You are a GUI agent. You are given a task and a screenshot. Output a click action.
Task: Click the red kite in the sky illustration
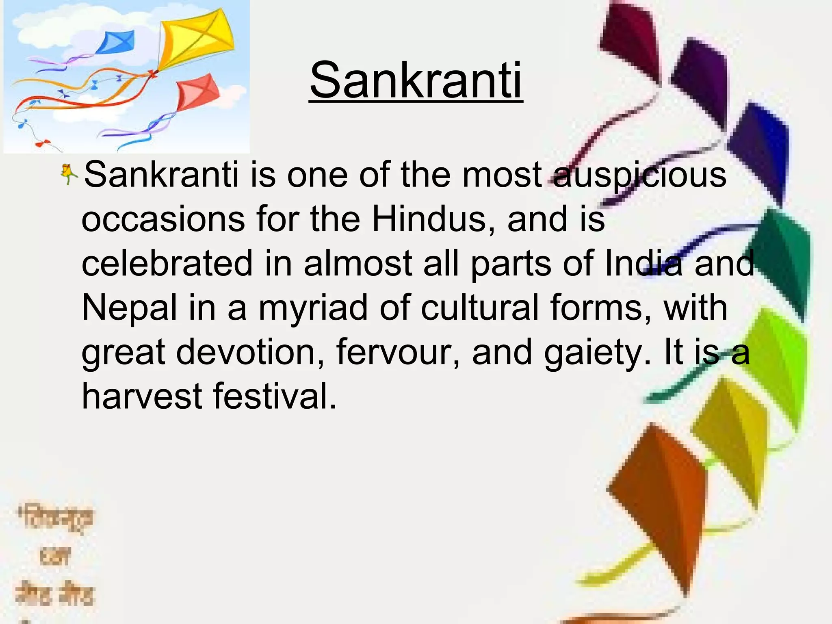[197, 92]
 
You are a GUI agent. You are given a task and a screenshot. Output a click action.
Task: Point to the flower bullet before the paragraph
[68, 175]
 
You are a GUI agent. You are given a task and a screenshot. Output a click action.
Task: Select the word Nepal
[130, 308]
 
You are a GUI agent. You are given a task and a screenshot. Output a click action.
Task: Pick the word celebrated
[167, 264]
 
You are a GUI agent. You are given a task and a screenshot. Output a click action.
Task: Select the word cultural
[480, 308]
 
